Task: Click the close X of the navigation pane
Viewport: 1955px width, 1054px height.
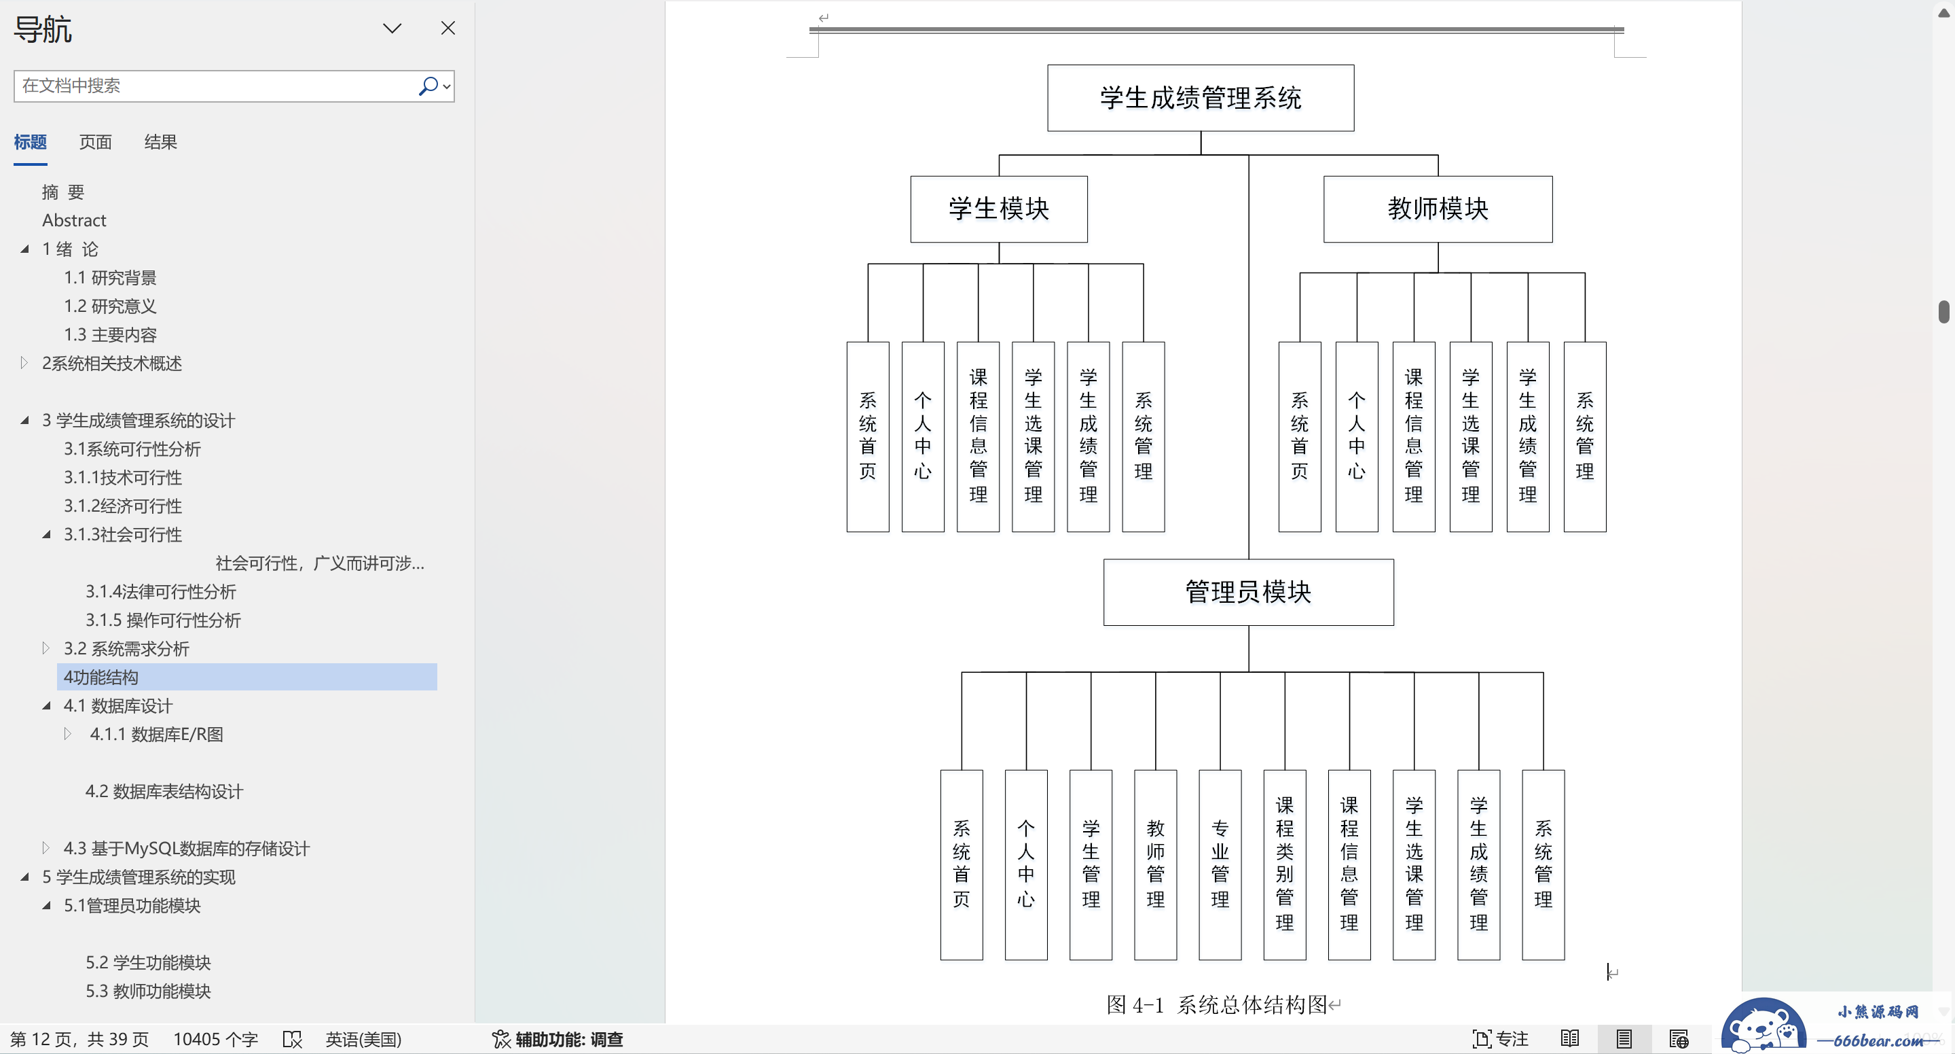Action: [447, 28]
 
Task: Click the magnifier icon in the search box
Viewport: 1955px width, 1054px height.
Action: [428, 86]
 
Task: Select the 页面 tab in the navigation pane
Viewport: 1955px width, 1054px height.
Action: [96, 142]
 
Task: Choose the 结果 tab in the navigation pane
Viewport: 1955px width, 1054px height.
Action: [161, 142]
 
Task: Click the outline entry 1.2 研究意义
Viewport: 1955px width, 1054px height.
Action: [110, 306]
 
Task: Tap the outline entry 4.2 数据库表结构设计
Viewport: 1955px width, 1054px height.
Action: [164, 791]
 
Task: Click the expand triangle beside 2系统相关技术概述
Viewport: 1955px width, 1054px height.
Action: [24, 363]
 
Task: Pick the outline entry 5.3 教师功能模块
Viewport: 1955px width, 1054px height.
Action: [148, 991]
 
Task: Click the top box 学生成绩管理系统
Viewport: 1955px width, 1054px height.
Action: [1201, 98]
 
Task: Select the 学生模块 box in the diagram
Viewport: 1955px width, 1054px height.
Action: [999, 209]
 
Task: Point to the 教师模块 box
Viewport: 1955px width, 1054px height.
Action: [1438, 209]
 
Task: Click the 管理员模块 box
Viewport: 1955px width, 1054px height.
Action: [1248, 593]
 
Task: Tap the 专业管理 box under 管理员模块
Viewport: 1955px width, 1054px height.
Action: [1220, 865]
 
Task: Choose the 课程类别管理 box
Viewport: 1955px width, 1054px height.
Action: [1285, 865]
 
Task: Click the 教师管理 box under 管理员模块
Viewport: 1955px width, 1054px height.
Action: [1156, 865]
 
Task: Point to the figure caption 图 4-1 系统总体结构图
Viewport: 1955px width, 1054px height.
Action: [1217, 1004]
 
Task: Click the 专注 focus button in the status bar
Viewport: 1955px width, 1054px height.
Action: [1501, 1039]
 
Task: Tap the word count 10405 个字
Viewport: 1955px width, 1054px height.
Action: [215, 1039]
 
